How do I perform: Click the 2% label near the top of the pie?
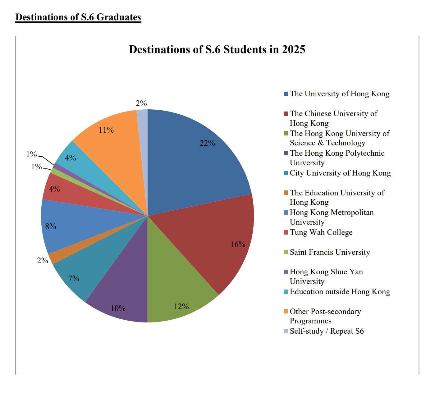(141, 103)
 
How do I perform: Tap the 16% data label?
(238, 244)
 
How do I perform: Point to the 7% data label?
(74, 278)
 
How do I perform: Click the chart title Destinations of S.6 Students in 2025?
(217, 49)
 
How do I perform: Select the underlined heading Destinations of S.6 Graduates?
(78, 17)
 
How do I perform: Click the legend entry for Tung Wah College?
(321, 232)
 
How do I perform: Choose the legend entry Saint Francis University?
(330, 252)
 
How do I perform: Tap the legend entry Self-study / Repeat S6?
(327, 331)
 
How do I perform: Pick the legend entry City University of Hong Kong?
(340, 173)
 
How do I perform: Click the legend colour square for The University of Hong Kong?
(286, 94)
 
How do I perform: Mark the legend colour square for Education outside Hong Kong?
(286, 292)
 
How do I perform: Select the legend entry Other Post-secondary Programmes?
(325, 316)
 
